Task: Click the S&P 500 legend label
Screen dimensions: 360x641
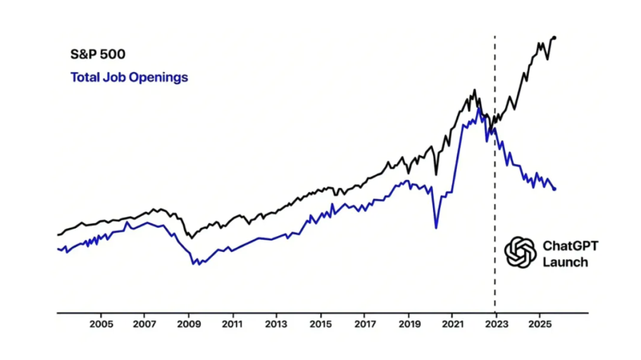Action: click(x=98, y=54)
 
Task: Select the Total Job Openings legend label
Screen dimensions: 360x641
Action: click(x=129, y=78)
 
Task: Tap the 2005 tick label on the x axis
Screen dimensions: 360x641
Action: click(x=101, y=325)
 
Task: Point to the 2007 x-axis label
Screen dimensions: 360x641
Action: click(x=145, y=325)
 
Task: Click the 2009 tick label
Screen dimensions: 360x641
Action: click(x=188, y=325)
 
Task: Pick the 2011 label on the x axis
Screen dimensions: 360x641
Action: click(x=232, y=325)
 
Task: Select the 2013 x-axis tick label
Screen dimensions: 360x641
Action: click(x=277, y=325)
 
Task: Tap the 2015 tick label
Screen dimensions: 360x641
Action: click(x=320, y=325)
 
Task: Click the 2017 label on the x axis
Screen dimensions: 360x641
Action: click(x=364, y=325)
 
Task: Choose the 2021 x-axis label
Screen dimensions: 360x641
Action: click(x=453, y=325)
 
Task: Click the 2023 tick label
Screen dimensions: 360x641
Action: click(x=496, y=325)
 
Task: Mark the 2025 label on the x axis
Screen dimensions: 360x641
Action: click(x=540, y=325)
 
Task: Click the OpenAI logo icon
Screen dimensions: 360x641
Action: click(x=521, y=252)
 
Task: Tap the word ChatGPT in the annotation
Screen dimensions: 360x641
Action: click(x=570, y=245)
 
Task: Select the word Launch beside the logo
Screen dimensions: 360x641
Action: click(x=565, y=262)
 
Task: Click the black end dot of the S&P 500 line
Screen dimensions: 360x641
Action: click(x=555, y=38)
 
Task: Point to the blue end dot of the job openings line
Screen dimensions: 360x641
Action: click(x=555, y=189)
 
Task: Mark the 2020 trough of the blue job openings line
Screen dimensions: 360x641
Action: click(x=436, y=228)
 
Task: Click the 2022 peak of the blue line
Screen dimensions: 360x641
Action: click(x=479, y=109)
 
